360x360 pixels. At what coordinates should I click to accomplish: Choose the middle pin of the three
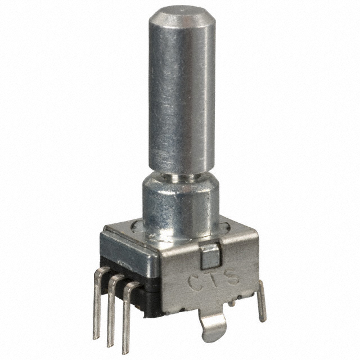point(112,312)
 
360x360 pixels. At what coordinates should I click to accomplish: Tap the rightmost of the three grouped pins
point(127,318)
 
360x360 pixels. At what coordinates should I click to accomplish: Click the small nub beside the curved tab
point(231,304)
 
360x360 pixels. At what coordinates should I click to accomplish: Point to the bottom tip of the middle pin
point(111,343)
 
